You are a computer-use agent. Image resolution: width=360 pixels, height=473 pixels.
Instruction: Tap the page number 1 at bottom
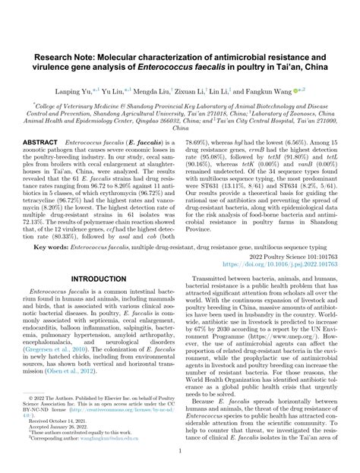coord(180,449)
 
